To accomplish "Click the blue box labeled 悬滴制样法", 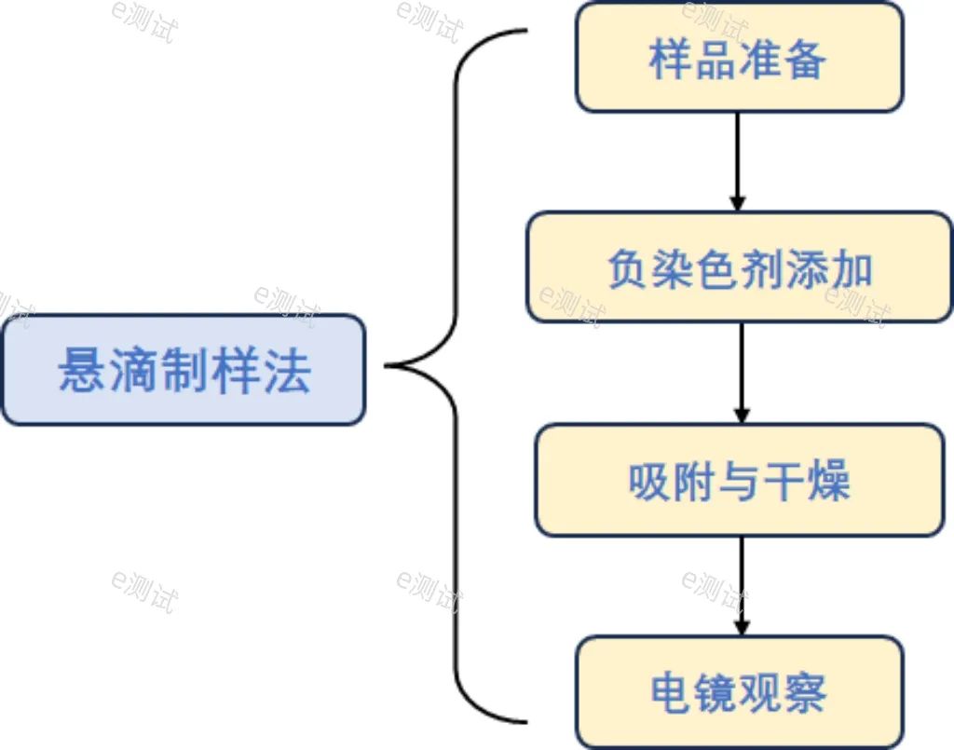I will [184, 370].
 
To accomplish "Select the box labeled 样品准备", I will [739, 58].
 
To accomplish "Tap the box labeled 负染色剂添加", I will [740, 268].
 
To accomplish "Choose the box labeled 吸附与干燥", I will [740, 481].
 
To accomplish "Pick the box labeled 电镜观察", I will [739, 692].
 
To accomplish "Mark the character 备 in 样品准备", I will [805, 60].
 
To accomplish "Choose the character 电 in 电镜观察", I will [672, 693].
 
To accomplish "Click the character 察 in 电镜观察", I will [805, 693].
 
